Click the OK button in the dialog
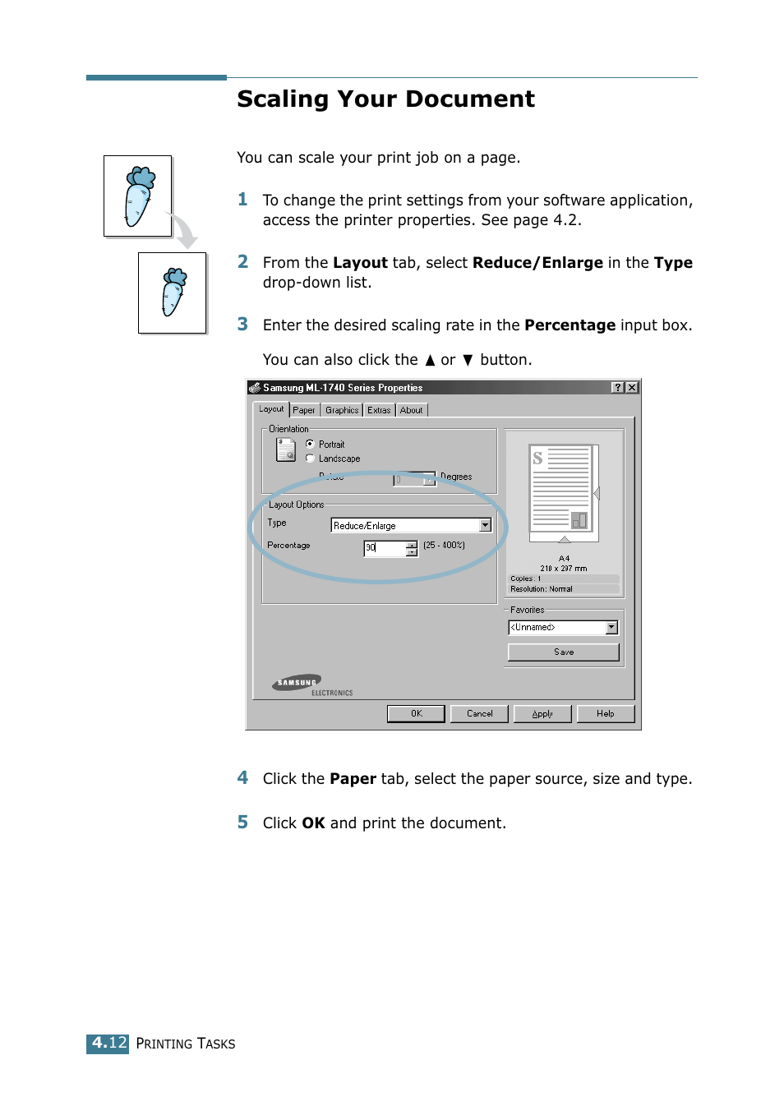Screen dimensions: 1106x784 tap(416, 713)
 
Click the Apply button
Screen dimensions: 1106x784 tap(542, 713)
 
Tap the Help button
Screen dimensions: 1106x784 tap(606, 713)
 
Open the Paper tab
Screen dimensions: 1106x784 tap(303, 410)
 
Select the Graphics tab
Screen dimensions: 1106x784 tap(342, 410)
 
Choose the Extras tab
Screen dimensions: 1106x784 tap(379, 410)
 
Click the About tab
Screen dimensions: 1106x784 tap(412, 410)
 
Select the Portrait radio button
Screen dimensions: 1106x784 tap(310, 444)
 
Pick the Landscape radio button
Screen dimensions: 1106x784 tap(310, 459)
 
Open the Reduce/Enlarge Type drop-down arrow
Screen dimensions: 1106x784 tap(485, 525)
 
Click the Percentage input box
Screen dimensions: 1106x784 tap(385, 548)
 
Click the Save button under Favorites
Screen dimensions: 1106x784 tap(564, 652)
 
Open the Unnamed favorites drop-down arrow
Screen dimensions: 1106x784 tap(611, 627)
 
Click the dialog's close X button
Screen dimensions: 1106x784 tap(631, 387)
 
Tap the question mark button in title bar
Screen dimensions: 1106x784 tap(617, 387)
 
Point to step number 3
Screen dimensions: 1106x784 tap(242, 325)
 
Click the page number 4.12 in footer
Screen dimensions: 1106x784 tap(108, 1043)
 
